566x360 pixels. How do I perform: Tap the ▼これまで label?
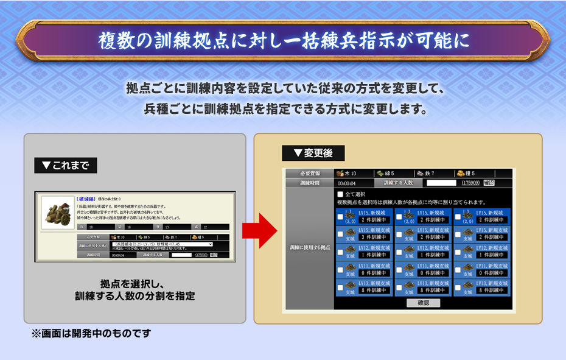click(x=65, y=165)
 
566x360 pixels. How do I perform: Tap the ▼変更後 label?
click(x=313, y=153)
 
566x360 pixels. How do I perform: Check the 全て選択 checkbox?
click(x=341, y=194)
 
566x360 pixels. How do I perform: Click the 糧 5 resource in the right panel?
click(x=470, y=174)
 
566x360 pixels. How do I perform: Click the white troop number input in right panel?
click(x=441, y=183)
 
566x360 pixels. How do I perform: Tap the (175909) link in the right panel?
click(x=470, y=183)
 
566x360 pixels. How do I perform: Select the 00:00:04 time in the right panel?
click(x=347, y=183)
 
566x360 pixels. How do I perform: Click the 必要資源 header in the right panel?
click(x=309, y=174)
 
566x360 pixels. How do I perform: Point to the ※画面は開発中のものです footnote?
click(x=91, y=334)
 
